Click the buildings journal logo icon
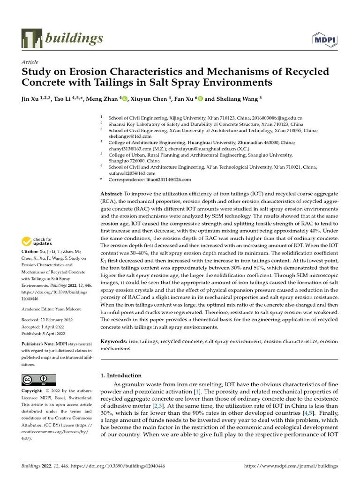(x=31, y=38)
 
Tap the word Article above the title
(x=30, y=62)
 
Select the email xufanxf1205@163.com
(x=132, y=173)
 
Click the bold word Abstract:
(x=112, y=194)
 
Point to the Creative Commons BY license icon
(x=39, y=380)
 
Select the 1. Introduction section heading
(x=121, y=375)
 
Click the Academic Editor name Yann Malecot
(x=68, y=309)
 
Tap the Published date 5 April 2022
(x=61, y=333)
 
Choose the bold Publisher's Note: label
(x=39, y=344)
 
